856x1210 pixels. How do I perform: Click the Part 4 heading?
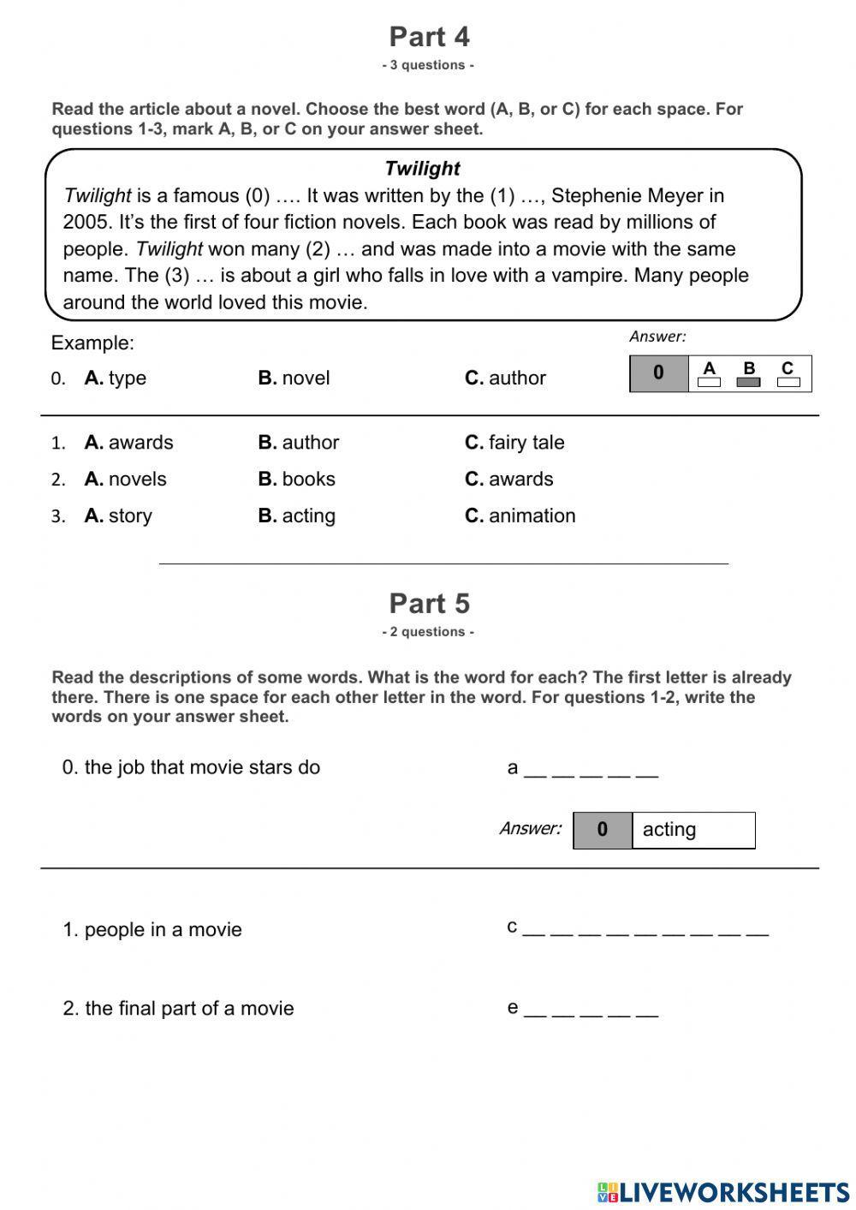(429, 37)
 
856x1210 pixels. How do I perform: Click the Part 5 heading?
(429, 604)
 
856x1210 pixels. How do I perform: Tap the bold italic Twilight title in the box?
(422, 169)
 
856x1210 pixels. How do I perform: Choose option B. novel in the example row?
(294, 378)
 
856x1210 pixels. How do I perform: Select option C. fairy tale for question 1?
(514, 443)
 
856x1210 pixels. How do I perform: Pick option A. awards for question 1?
(128, 443)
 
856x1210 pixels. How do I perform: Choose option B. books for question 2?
(296, 479)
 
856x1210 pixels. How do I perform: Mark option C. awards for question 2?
(508, 479)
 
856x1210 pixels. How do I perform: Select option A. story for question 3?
(118, 516)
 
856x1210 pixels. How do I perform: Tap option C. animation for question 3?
(520, 516)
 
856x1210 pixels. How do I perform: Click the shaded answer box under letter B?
(748, 383)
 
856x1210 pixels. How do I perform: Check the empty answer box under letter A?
(709, 383)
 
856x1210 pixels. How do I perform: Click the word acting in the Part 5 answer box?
(669, 830)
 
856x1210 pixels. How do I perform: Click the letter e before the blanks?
(513, 1008)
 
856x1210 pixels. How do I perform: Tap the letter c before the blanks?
(512, 927)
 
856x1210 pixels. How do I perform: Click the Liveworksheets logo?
(723, 1192)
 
